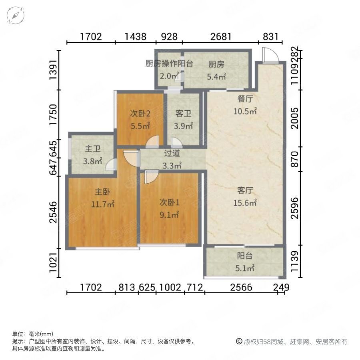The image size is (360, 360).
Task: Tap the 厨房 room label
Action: coord(216,64)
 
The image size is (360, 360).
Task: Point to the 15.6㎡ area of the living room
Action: coord(245,203)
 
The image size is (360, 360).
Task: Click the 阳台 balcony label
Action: coord(245,256)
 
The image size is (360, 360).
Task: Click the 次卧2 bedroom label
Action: coord(140,114)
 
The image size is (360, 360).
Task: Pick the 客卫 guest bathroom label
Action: coord(183,114)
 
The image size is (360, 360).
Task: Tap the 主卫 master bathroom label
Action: coord(92,149)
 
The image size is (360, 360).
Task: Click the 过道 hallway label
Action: coord(172,152)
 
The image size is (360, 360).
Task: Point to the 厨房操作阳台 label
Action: coord(169,64)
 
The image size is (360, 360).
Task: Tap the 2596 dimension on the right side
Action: coord(294,208)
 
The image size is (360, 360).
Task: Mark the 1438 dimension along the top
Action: coord(136,37)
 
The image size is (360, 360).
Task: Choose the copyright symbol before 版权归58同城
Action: coord(239,342)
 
